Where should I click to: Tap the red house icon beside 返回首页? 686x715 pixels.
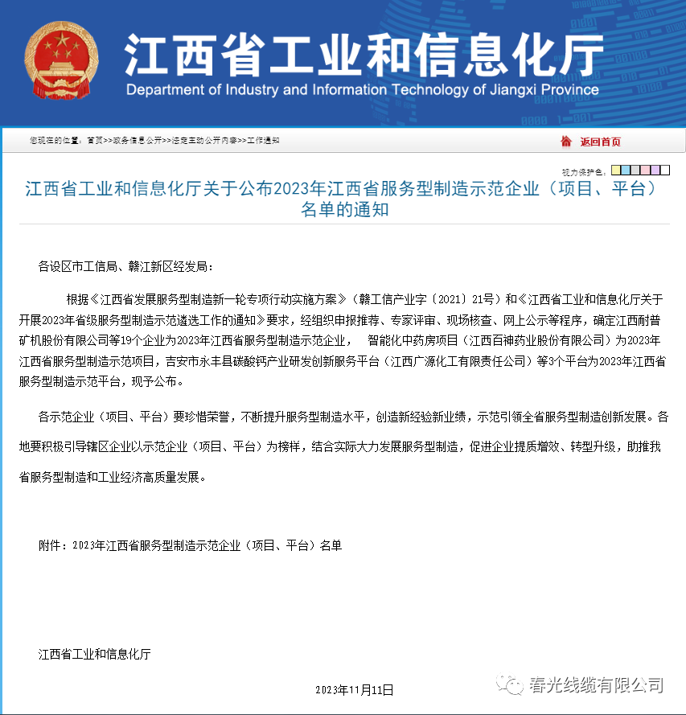[x=566, y=142]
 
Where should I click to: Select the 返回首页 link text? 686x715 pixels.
[x=601, y=142]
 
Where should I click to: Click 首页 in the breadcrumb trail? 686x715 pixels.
[x=95, y=141]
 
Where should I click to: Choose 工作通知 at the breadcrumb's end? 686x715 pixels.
[x=263, y=141]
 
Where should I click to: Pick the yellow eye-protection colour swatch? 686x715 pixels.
[x=616, y=171]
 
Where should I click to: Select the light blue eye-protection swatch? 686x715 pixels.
[x=626, y=171]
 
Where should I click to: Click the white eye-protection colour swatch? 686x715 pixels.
[x=664, y=171]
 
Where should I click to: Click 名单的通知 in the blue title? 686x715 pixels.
[x=344, y=211]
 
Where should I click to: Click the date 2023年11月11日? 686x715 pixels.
[x=355, y=689]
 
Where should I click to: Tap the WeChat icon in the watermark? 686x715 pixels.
[x=510, y=685]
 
